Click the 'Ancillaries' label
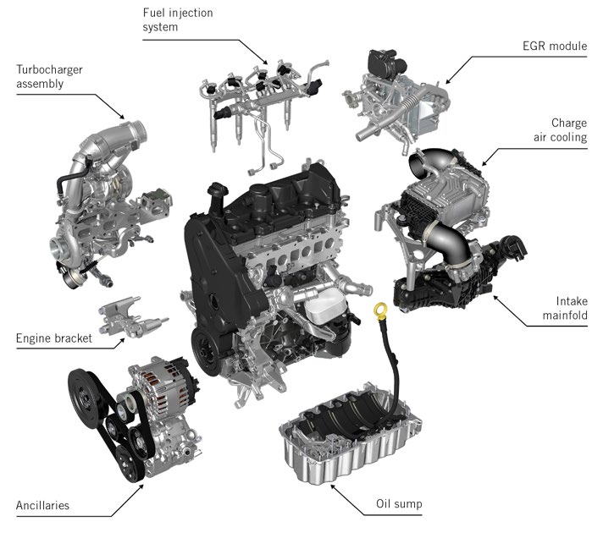click(x=42, y=505)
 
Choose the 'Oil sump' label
click(x=398, y=505)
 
